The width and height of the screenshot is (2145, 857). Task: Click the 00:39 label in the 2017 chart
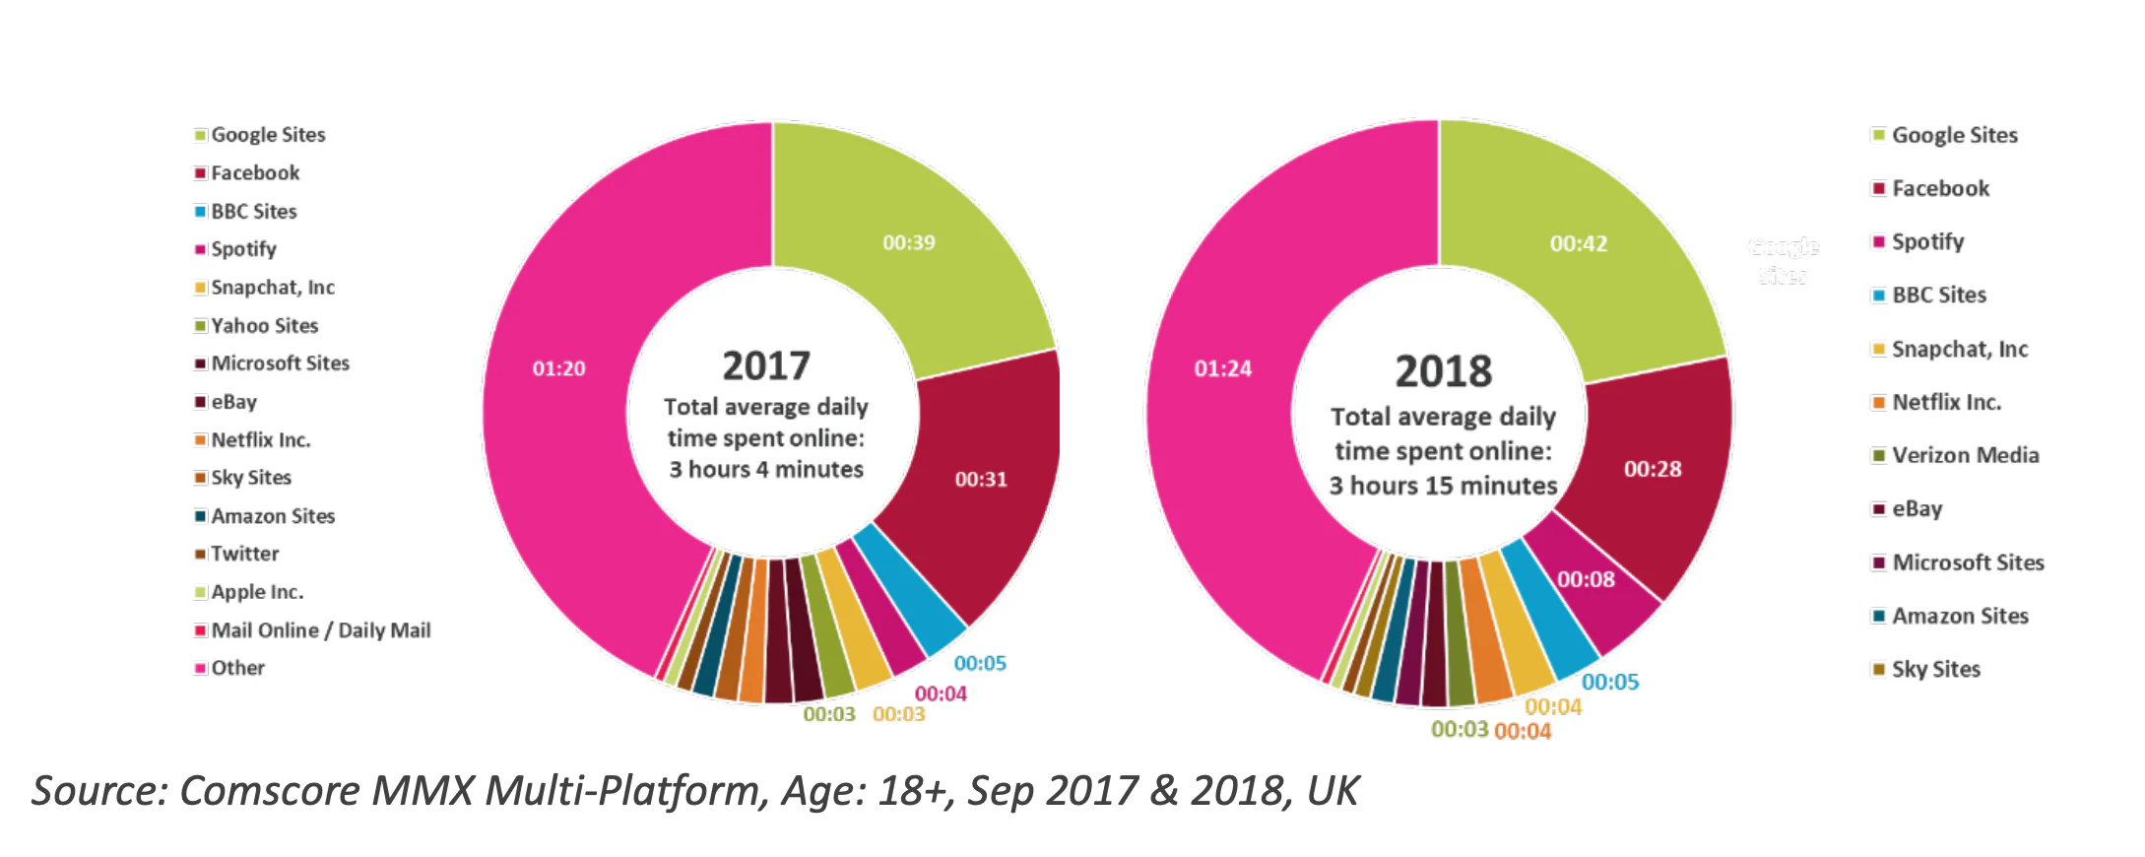(908, 242)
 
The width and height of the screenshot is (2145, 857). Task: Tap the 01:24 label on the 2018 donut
(1222, 368)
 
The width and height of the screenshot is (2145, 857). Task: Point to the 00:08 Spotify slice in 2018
(1586, 579)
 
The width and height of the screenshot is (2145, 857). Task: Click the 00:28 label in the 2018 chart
(1652, 469)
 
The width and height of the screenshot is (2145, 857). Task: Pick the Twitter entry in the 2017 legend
(244, 554)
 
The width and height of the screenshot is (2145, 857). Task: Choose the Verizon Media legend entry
(1964, 455)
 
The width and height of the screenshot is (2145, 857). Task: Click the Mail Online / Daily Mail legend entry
(320, 630)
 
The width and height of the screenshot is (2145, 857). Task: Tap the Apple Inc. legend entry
(256, 592)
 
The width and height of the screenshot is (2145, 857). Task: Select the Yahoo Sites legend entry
(264, 325)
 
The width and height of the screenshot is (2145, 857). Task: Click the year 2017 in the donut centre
(765, 365)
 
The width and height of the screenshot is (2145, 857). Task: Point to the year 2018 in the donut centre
(1443, 371)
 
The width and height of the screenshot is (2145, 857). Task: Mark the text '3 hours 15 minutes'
(1443, 486)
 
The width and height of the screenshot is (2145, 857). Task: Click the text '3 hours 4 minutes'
(765, 470)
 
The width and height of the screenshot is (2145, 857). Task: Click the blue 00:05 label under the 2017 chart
(979, 663)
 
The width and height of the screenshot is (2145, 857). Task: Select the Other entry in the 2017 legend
(237, 668)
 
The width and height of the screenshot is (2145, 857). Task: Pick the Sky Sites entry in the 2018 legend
(1934, 669)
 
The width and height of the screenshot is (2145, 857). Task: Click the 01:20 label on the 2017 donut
(558, 368)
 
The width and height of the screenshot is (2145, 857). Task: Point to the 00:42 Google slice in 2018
(1578, 243)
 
